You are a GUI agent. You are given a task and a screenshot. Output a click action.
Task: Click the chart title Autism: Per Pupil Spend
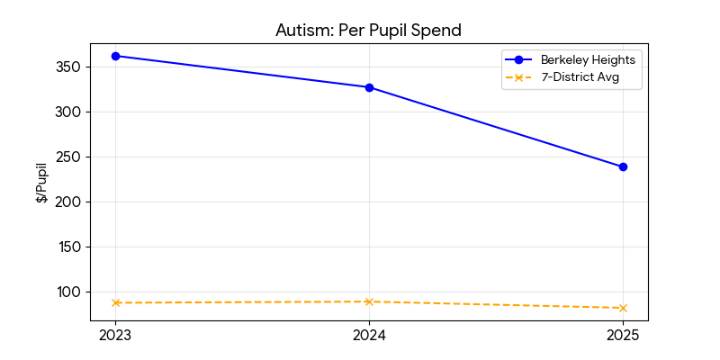368,30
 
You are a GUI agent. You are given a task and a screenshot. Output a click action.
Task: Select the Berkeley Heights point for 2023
115,56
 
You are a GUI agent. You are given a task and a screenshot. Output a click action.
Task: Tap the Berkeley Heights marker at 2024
369,87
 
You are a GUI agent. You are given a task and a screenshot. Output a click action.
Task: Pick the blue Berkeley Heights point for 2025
623,166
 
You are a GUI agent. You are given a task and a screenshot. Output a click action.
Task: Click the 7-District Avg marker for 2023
115,302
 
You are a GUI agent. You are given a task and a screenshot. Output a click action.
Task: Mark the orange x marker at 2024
369,301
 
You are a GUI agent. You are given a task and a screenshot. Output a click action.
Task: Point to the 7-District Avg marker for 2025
623,308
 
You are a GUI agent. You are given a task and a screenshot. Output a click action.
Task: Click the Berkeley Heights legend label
588,59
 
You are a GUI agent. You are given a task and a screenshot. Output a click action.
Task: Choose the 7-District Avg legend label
579,77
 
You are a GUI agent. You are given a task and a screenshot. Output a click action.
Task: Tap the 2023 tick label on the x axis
115,336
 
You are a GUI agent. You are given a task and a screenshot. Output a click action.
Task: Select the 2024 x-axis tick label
369,336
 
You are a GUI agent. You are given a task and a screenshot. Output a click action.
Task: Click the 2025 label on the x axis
623,336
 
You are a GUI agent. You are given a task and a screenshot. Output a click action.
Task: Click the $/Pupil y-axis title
42,183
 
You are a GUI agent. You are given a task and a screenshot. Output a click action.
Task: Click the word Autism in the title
302,30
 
